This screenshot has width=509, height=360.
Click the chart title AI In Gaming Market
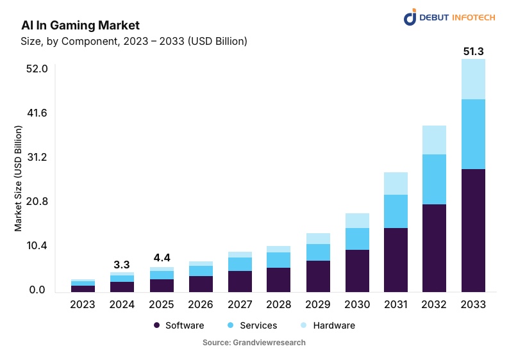(x=80, y=25)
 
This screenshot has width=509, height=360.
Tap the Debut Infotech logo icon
(x=410, y=17)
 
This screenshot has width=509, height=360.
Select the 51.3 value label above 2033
(x=474, y=51)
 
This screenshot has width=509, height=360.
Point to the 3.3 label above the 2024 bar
(x=122, y=265)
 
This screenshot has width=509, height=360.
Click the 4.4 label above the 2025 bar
(x=162, y=258)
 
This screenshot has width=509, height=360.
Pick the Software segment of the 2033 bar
(x=474, y=231)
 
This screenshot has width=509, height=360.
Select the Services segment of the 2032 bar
(x=434, y=179)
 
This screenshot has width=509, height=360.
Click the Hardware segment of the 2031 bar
(x=396, y=183)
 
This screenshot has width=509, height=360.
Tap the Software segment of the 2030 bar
(x=357, y=270)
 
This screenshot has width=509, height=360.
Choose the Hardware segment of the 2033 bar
(x=474, y=79)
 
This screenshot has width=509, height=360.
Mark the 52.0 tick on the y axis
(x=35, y=69)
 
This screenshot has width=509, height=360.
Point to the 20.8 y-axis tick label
(x=35, y=202)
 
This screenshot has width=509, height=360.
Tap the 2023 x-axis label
(x=83, y=304)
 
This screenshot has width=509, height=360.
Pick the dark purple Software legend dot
(x=156, y=325)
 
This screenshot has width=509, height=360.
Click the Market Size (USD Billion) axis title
(x=19, y=179)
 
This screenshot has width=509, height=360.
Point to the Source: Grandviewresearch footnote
(x=254, y=343)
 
